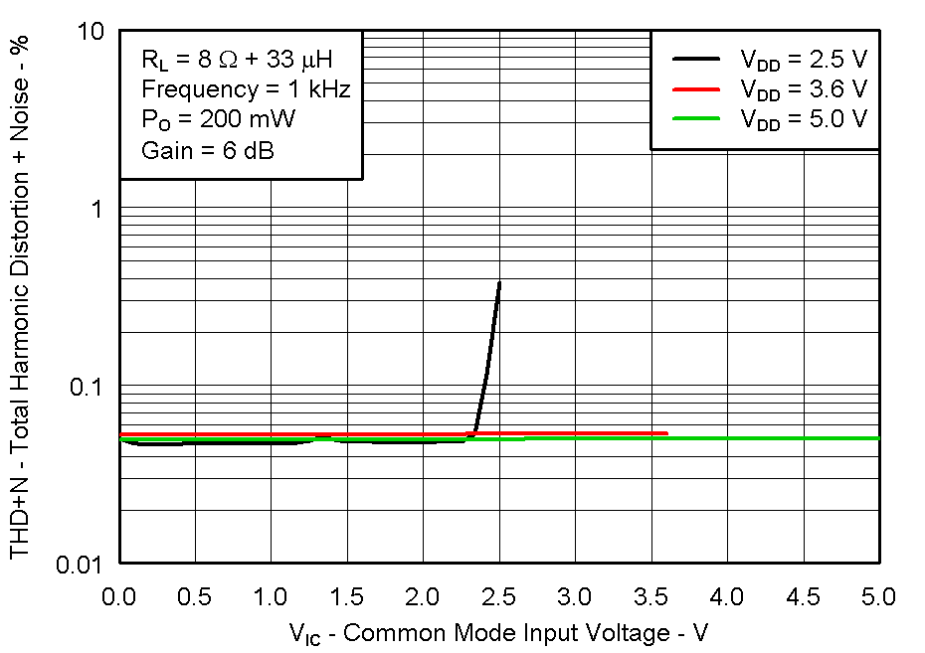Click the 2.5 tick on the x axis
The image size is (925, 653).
click(x=498, y=597)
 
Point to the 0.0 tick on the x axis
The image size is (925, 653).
click(x=119, y=597)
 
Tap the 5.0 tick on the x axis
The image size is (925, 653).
click(x=879, y=597)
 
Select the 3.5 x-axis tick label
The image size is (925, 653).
click(x=650, y=597)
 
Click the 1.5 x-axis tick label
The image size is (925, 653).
click(x=347, y=597)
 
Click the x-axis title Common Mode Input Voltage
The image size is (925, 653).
click(x=498, y=633)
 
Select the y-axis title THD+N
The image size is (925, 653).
click(x=20, y=298)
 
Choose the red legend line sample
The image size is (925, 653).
click(x=695, y=88)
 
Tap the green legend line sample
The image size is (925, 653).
click(x=695, y=118)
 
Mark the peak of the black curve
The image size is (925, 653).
click(x=498, y=283)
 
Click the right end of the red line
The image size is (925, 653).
click(x=666, y=433)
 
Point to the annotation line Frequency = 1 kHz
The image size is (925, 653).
click(x=245, y=89)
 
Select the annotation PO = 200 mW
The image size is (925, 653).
click(x=218, y=120)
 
